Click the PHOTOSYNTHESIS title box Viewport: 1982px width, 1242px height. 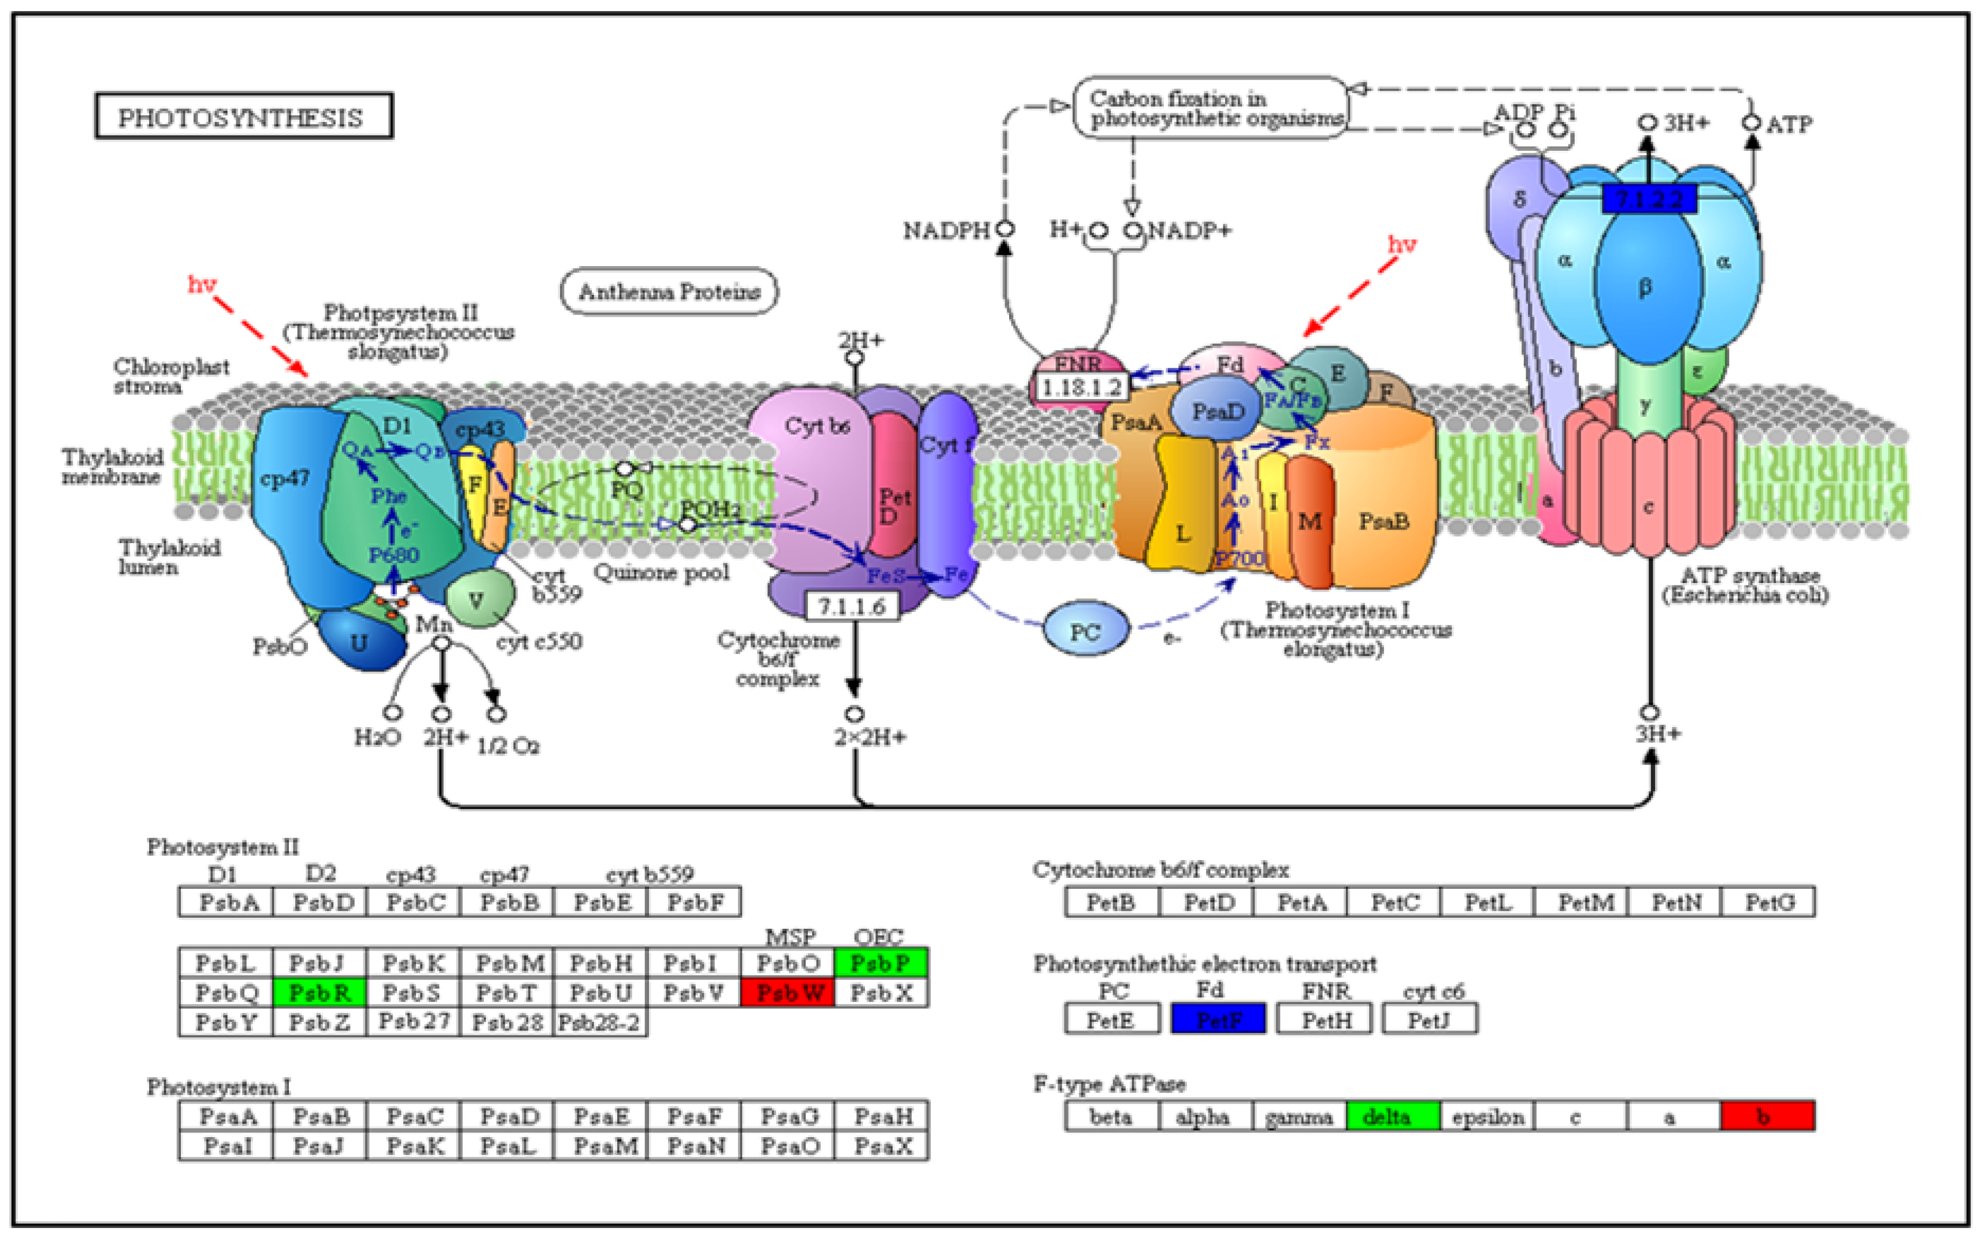click(244, 116)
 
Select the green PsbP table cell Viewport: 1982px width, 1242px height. click(880, 962)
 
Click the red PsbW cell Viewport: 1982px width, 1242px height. click(787, 992)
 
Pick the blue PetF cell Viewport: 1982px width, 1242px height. click(1218, 1019)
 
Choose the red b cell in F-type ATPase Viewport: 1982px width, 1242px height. click(1767, 1116)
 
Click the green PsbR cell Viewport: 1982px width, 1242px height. click(319, 992)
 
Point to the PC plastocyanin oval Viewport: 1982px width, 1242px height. click(1086, 631)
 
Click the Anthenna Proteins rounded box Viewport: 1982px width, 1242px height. click(669, 291)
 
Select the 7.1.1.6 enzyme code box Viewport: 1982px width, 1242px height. click(851, 606)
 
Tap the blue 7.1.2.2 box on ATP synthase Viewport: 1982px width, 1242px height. click(1648, 199)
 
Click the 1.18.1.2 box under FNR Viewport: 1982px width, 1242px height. click(1081, 387)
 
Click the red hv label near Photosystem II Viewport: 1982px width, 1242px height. click(201, 284)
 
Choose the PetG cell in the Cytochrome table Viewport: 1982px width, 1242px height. click(1769, 902)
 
